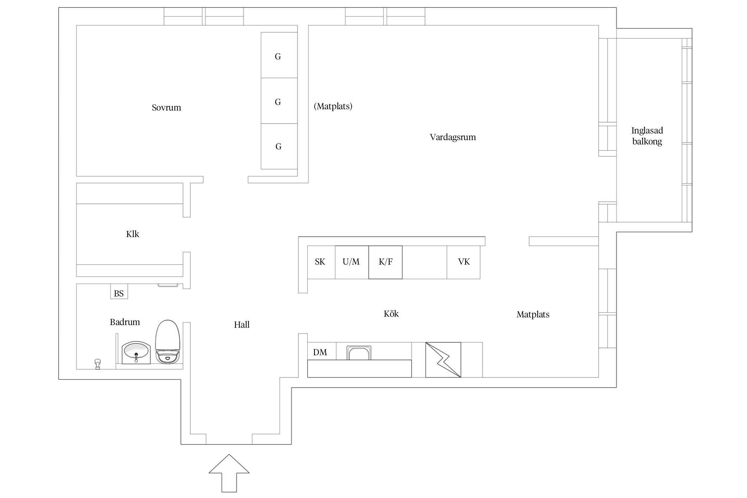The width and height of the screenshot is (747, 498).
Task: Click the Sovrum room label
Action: coord(166,108)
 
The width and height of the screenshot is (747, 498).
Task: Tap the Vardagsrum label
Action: coord(453,137)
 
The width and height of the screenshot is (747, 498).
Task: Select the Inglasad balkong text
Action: coord(647,136)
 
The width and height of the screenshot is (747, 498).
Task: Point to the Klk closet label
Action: coord(132,234)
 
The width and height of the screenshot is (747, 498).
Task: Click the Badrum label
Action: coord(125,322)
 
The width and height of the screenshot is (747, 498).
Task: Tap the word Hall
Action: coord(242,325)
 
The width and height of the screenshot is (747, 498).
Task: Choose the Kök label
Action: coord(391,314)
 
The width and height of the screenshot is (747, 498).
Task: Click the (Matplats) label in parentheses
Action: coord(333,106)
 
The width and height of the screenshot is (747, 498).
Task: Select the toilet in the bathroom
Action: coord(168,342)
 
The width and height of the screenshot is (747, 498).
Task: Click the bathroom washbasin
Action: coord(136,353)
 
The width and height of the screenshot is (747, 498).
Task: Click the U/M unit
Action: coord(351,262)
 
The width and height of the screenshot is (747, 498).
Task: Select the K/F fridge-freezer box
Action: coord(385,262)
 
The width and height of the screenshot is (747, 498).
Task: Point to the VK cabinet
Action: coord(463,262)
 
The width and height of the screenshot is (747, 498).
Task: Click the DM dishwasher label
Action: coord(320,352)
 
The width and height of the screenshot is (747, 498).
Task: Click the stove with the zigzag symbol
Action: coord(443,360)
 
